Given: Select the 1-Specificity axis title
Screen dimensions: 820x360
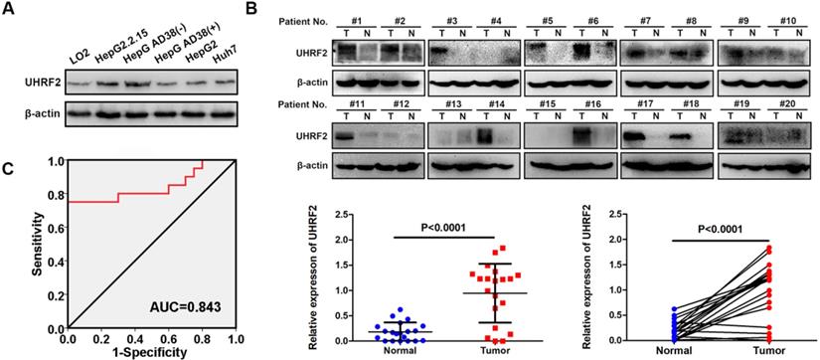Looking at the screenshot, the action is [x=152, y=353].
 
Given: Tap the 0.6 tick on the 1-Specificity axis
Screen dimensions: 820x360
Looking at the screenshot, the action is [x=169, y=339].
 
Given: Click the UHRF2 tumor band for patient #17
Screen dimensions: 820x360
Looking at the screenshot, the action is [x=636, y=138].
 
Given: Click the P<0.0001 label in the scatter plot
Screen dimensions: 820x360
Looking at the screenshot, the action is [x=444, y=228].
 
